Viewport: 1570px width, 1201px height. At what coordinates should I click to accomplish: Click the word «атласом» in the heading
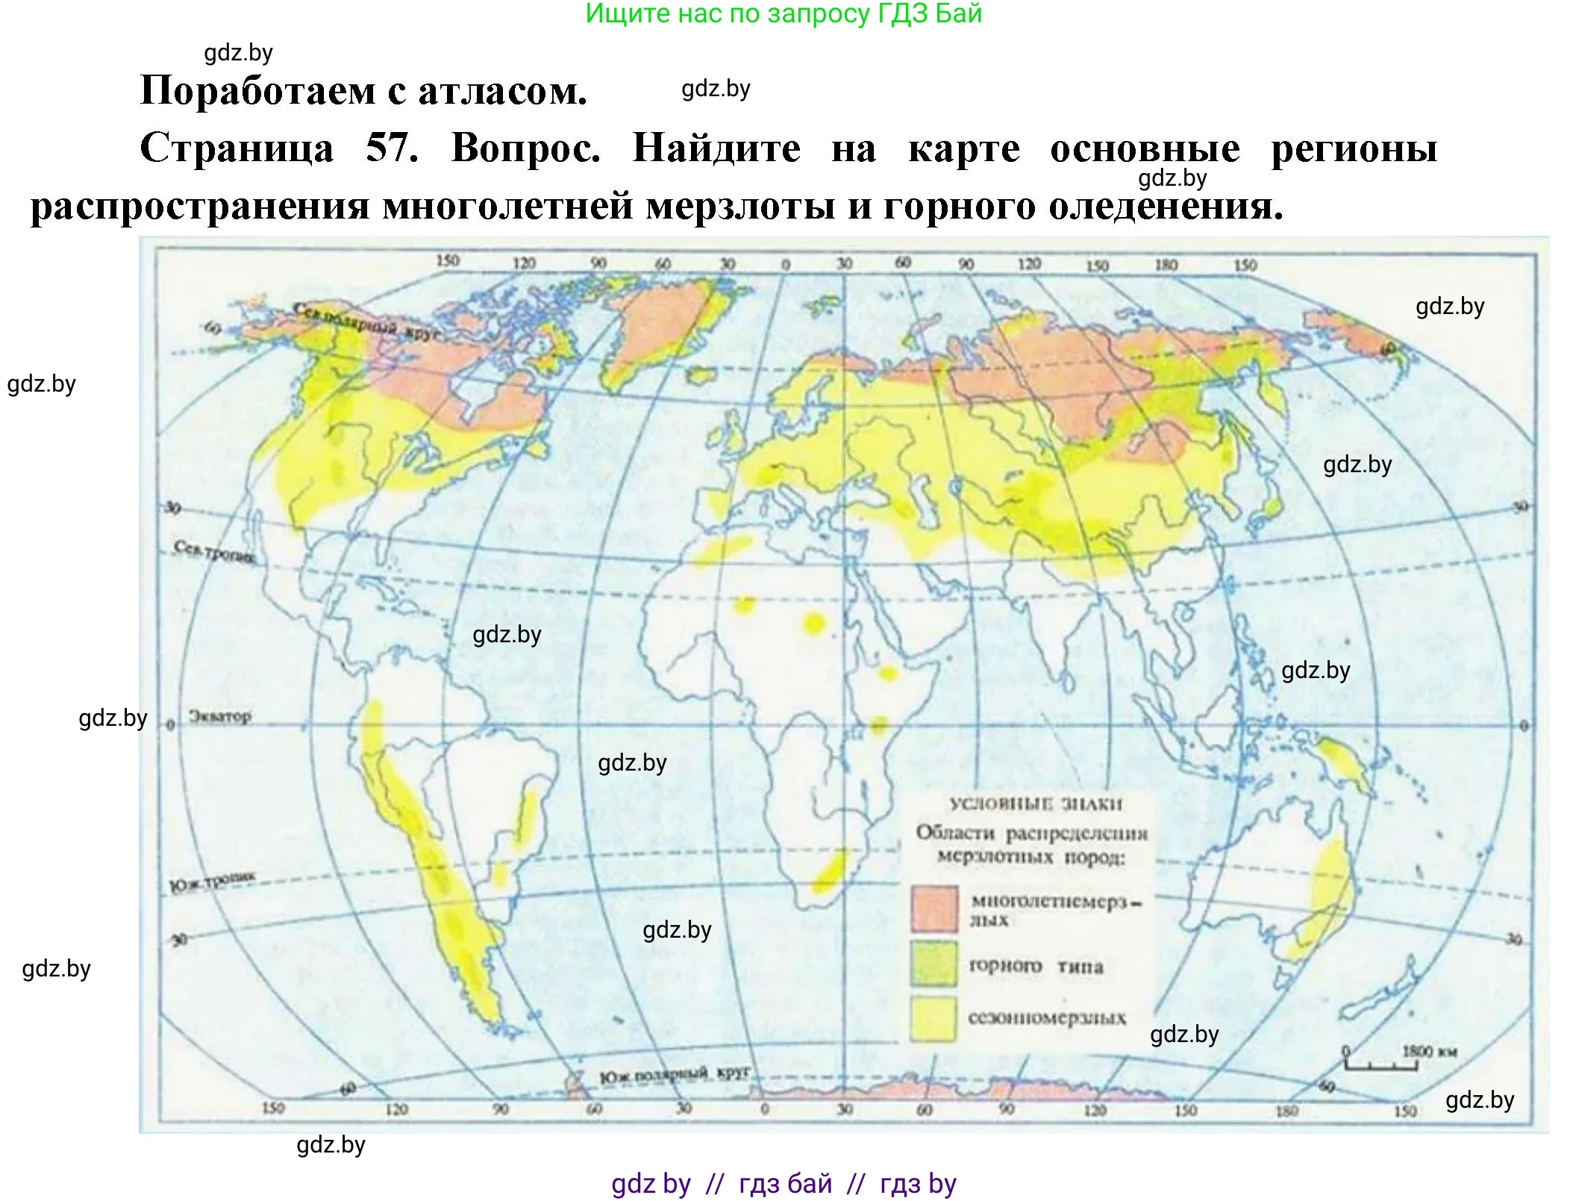pyautogui.click(x=501, y=91)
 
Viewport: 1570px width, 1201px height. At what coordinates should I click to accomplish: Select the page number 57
pyautogui.click(x=391, y=147)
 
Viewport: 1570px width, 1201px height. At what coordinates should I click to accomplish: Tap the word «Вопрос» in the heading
pyautogui.click(x=525, y=147)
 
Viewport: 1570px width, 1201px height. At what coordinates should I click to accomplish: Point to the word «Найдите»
pyautogui.click(x=716, y=147)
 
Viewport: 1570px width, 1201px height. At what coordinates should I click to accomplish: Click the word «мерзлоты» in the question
pyautogui.click(x=740, y=205)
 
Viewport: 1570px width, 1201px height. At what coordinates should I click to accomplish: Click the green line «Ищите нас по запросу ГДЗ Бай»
pyautogui.click(x=783, y=13)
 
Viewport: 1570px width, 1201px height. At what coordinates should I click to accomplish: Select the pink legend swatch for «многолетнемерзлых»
pyautogui.click(x=933, y=909)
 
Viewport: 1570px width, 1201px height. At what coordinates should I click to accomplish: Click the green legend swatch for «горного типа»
pyautogui.click(x=933, y=963)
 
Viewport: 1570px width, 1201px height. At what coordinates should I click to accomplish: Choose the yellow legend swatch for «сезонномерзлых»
pyautogui.click(x=933, y=1017)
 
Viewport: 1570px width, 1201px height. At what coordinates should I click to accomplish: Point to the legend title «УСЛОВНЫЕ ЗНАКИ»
pyautogui.click(x=1036, y=804)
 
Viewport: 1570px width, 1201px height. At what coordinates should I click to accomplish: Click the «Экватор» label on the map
pyautogui.click(x=219, y=716)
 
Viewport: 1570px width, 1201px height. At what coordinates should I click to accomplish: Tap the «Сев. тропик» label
pyautogui.click(x=213, y=552)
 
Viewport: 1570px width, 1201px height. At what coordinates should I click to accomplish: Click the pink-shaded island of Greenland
pyautogui.click(x=664, y=328)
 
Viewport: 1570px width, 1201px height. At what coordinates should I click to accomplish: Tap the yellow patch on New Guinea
pyautogui.click(x=1343, y=761)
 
